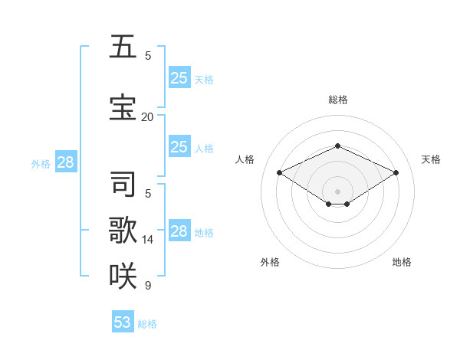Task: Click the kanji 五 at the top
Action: coord(123,47)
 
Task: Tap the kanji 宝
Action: coord(123,108)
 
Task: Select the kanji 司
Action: coord(123,185)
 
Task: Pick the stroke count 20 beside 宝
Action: coord(147,116)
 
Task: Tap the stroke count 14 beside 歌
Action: coord(147,239)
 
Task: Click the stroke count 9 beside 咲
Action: coord(147,285)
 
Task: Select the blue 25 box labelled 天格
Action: coord(179,77)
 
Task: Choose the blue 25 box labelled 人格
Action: coord(179,147)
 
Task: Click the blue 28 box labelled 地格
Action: coord(179,231)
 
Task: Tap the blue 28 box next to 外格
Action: coord(65,162)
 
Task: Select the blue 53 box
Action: coord(123,322)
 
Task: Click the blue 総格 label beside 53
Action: coord(147,324)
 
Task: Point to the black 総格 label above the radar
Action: coord(337,100)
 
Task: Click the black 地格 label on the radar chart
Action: coord(402,262)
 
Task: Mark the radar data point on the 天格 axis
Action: coord(396,173)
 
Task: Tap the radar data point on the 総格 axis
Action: coord(337,146)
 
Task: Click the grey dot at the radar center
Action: coord(337,191)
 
